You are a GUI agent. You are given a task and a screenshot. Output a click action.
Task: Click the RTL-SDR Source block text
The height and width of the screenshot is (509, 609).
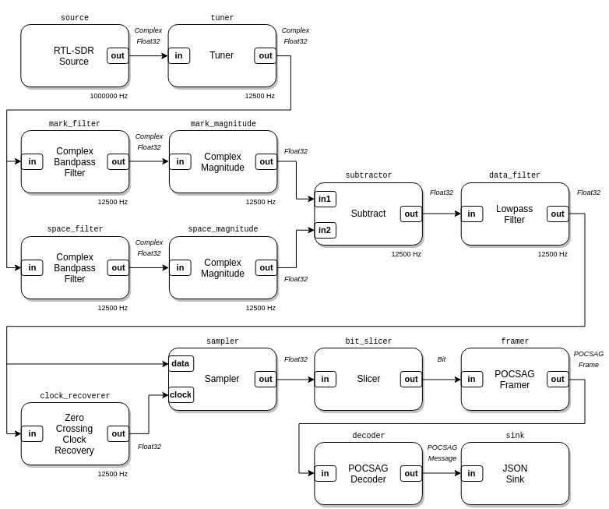74,56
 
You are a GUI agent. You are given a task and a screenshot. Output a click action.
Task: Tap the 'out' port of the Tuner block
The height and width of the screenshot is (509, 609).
266,55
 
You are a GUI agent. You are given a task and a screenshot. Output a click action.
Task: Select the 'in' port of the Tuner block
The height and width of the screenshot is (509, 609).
179,55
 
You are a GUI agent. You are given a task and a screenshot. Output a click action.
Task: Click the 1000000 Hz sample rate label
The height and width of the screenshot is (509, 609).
108,96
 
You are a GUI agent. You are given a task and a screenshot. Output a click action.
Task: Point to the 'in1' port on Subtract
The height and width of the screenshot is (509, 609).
325,199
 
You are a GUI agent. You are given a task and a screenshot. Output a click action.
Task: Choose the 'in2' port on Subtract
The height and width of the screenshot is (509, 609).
325,230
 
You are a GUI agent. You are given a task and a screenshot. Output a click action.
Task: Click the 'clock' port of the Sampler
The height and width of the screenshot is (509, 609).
181,394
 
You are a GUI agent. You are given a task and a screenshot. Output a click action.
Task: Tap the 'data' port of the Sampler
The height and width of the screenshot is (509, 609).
181,363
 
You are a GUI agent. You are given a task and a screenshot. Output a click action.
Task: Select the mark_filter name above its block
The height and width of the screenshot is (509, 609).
75,124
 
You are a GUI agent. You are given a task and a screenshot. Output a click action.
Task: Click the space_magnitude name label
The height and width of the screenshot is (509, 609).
223,229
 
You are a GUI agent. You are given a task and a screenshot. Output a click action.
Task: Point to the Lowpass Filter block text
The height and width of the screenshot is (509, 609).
514,214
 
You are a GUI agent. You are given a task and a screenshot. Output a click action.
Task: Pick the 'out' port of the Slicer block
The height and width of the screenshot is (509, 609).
411,379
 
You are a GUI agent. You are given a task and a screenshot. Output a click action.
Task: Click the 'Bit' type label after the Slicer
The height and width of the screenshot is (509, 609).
442,359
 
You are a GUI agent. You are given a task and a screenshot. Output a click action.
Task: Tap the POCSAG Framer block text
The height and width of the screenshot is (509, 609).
514,380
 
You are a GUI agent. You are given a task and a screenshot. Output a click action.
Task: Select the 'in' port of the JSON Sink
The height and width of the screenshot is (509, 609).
471,473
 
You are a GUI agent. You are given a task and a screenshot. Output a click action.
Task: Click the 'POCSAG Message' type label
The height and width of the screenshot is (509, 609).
442,453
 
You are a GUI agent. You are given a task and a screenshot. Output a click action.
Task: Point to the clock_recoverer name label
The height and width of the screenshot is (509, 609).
75,396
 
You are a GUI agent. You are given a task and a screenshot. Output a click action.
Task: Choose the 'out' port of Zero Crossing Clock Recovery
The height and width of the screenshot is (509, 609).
118,433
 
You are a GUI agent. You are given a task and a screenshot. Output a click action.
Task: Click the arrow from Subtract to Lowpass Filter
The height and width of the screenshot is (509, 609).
442,214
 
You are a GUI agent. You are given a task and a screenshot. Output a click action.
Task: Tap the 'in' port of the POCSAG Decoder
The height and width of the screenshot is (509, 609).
325,473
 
